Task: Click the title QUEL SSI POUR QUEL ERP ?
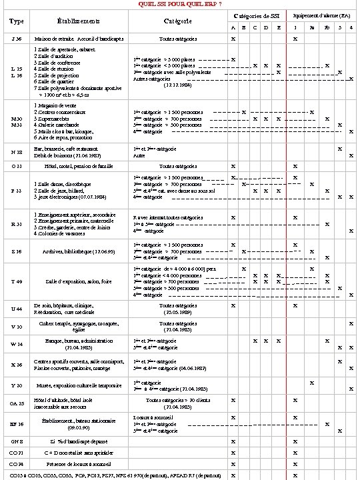click(x=180, y=4)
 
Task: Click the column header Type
click(x=16, y=22)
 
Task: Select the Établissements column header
click(x=79, y=22)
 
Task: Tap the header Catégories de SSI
click(x=257, y=15)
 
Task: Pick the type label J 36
click(x=16, y=39)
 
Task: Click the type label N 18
click(x=16, y=151)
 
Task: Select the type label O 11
click(x=16, y=165)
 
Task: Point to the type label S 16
click(x=16, y=251)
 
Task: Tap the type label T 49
click(x=16, y=282)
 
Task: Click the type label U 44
click(x=16, y=309)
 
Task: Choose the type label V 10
click(x=16, y=327)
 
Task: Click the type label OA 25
click(x=16, y=403)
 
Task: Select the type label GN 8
click(x=16, y=441)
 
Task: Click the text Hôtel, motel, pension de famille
click(x=79, y=165)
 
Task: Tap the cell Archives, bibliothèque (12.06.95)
click(x=79, y=251)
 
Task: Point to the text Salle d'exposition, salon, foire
click(x=79, y=282)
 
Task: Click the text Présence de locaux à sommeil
click(x=79, y=463)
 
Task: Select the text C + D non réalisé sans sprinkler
click(x=79, y=452)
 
